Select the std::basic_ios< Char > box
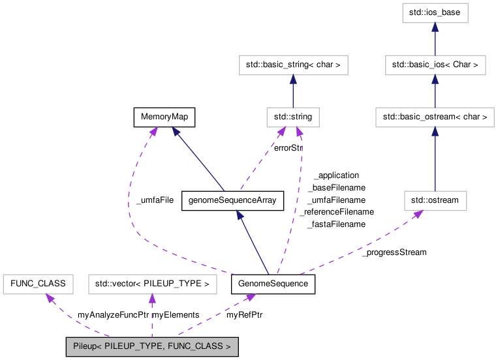435,65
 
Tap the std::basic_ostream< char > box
435,117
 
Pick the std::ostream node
435,201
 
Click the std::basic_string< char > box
294,65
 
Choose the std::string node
293,117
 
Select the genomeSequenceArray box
232,201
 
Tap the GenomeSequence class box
273,284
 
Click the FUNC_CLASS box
35,284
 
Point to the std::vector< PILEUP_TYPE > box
152,284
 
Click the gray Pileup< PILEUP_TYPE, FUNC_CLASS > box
151,347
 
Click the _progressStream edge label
394,252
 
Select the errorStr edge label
288,147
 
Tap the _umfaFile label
155,200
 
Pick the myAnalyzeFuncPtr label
113,315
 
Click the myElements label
176,315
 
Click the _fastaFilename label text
336,224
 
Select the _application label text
336,175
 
